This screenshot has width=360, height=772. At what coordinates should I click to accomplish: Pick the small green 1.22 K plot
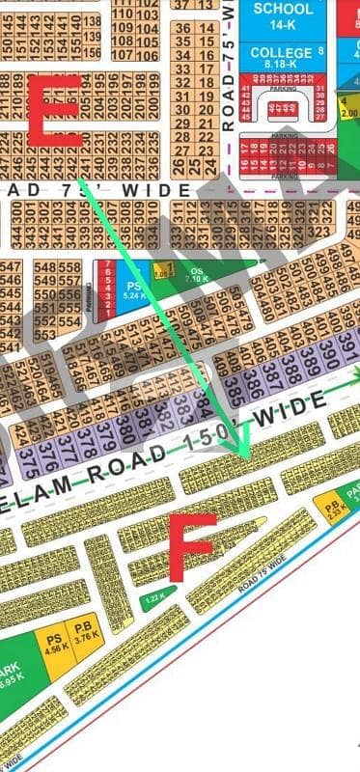tap(152, 599)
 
